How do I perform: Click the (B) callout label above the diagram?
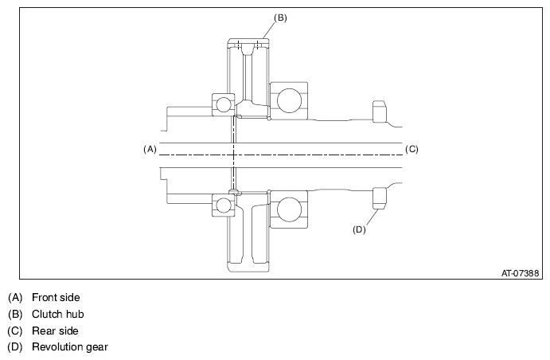point(280,18)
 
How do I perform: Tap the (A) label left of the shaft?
point(150,150)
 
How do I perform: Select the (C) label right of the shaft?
point(412,150)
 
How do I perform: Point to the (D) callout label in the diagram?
point(359,230)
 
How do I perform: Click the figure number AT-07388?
point(520,273)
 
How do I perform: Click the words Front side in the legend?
point(56,298)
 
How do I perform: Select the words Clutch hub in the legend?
point(58,314)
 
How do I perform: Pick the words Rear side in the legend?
point(55,331)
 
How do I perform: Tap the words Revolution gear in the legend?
point(70,347)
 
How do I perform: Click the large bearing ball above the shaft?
point(289,100)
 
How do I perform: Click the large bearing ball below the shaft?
point(289,209)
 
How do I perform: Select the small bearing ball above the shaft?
point(224,104)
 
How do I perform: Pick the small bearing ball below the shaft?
point(224,205)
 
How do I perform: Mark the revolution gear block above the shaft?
point(379,112)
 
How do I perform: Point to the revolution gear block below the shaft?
point(379,198)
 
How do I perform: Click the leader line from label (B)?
point(269,30)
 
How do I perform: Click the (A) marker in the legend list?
point(15,298)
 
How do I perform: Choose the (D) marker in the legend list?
point(15,347)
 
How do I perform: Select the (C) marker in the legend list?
point(15,331)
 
